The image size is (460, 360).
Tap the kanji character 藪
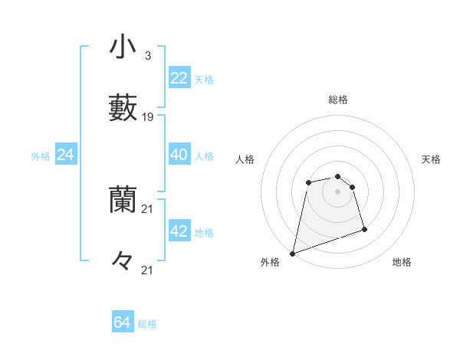pyautogui.click(x=123, y=108)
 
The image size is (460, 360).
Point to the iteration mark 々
pyautogui.click(x=123, y=261)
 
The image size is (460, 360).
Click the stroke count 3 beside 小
pyautogui.click(x=147, y=56)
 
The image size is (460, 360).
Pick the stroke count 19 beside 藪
pyautogui.click(x=148, y=117)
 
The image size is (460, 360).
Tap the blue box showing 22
pyautogui.click(x=179, y=78)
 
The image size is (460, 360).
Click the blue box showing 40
pyautogui.click(x=179, y=155)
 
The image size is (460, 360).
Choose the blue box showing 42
pyautogui.click(x=179, y=231)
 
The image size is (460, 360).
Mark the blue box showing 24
pyautogui.click(x=65, y=155)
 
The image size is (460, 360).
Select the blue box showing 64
pyautogui.click(x=123, y=322)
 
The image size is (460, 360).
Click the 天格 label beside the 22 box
pyautogui.click(x=204, y=80)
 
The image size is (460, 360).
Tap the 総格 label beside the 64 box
pyautogui.click(x=147, y=324)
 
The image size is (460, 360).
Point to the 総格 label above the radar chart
pyautogui.click(x=338, y=100)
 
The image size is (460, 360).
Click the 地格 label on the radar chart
pyautogui.click(x=402, y=262)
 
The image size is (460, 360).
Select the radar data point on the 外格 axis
pyautogui.click(x=292, y=253)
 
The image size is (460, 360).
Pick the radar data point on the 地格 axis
pyautogui.click(x=364, y=229)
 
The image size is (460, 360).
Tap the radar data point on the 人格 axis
pyautogui.click(x=308, y=182)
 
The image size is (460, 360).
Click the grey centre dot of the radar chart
pyautogui.click(x=337, y=191)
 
